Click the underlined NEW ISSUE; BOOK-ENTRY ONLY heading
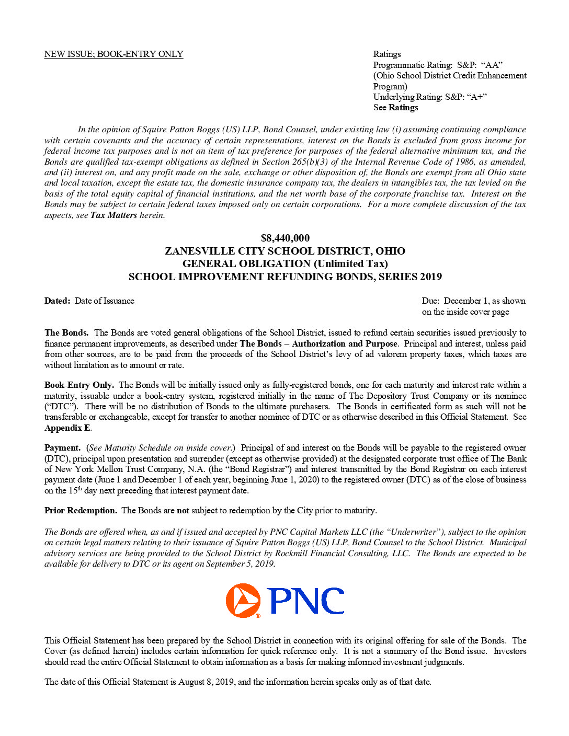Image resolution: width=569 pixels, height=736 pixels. tap(113, 54)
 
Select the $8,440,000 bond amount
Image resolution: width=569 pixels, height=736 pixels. tap(285, 238)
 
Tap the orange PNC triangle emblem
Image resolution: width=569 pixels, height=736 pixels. tap(243, 601)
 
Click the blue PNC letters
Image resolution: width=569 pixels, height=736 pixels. tap(306, 601)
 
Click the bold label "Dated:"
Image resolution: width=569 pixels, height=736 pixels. tap(57, 301)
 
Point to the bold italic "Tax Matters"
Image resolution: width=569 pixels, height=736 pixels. tap(113, 215)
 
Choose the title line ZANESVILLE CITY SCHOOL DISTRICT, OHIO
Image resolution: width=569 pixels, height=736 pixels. tap(285, 251)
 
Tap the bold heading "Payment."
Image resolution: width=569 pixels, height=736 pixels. tap(62, 448)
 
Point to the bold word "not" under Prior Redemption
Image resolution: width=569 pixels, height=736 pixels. tap(183, 511)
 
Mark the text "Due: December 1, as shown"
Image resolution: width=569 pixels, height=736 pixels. tap(473, 301)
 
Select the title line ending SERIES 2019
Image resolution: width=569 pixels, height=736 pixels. tap(285, 277)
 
